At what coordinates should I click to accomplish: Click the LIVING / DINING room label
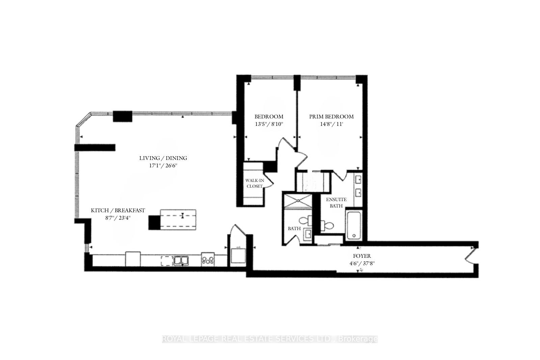(163, 158)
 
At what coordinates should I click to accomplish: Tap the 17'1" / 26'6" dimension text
(163, 166)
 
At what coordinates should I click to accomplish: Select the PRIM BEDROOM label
(331, 116)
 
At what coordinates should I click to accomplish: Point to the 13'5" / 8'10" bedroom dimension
(269, 124)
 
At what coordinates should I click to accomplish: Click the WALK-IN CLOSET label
(254, 183)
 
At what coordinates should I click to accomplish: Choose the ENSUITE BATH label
(336, 202)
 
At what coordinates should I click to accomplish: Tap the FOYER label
(362, 256)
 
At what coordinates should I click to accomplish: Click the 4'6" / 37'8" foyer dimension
(362, 264)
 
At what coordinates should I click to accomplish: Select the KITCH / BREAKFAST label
(118, 210)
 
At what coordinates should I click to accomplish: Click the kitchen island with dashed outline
(178, 219)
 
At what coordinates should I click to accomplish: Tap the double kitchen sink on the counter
(181, 260)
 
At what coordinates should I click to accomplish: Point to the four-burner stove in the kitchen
(208, 260)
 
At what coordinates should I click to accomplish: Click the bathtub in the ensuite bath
(354, 225)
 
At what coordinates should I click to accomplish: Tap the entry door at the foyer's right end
(470, 255)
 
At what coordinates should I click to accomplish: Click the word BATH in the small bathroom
(294, 228)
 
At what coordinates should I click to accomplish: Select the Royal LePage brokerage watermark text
(270, 339)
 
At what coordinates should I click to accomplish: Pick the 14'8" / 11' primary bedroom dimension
(331, 124)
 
